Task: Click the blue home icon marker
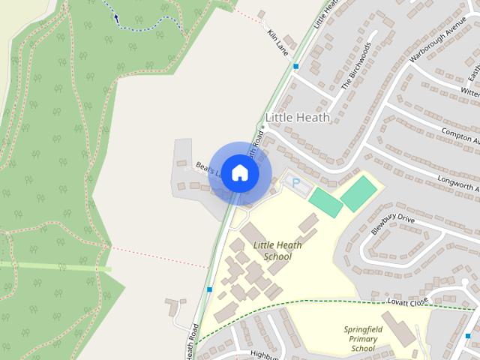[239, 172]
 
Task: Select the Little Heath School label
[272, 250]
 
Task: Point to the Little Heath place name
[298, 118]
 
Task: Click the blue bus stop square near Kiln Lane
[296, 67]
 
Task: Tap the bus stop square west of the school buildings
[209, 289]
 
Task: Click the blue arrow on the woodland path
[115, 16]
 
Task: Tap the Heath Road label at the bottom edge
[193, 343]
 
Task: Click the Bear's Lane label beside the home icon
[205, 169]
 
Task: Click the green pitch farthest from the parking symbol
[358, 193]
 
